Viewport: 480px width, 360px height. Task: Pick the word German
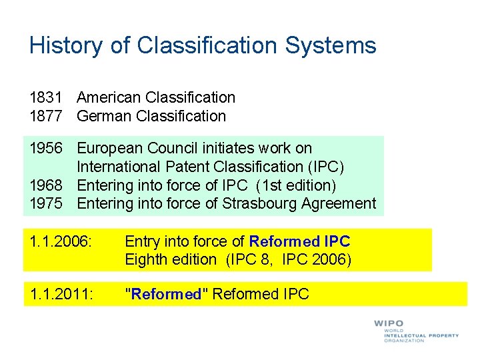tap(103, 116)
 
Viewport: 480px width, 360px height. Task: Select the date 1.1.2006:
tap(59, 241)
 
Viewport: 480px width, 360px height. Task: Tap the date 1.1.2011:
tap(59, 294)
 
